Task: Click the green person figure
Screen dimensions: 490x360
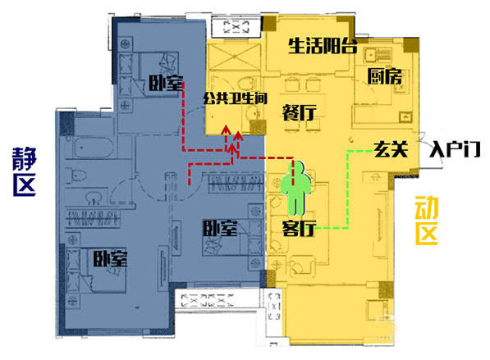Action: (x=295, y=189)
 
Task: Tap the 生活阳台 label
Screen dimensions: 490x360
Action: (x=323, y=46)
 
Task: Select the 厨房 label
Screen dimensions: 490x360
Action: (x=384, y=76)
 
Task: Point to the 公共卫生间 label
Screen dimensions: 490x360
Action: (x=236, y=98)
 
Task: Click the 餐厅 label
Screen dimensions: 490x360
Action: (x=299, y=112)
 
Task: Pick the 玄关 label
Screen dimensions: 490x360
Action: (x=391, y=149)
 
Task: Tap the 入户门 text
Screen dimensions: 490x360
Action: (x=455, y=149)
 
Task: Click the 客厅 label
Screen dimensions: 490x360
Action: (x=299, y=229)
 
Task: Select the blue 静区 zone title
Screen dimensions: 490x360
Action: (x=25, y=171)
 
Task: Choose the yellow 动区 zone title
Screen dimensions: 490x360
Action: (x=427, y=221)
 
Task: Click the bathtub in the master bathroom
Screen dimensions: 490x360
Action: (x=93, y=147)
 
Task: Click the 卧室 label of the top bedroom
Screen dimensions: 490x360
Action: (x=166, y=83)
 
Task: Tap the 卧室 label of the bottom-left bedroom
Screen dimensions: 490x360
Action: (x=110, y=258)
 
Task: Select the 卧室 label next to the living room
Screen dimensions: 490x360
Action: (x=220, y=228)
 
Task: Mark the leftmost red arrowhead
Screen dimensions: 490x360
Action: (x=226, y=130)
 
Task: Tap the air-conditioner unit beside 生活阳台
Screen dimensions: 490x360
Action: (x=236, y=27)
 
